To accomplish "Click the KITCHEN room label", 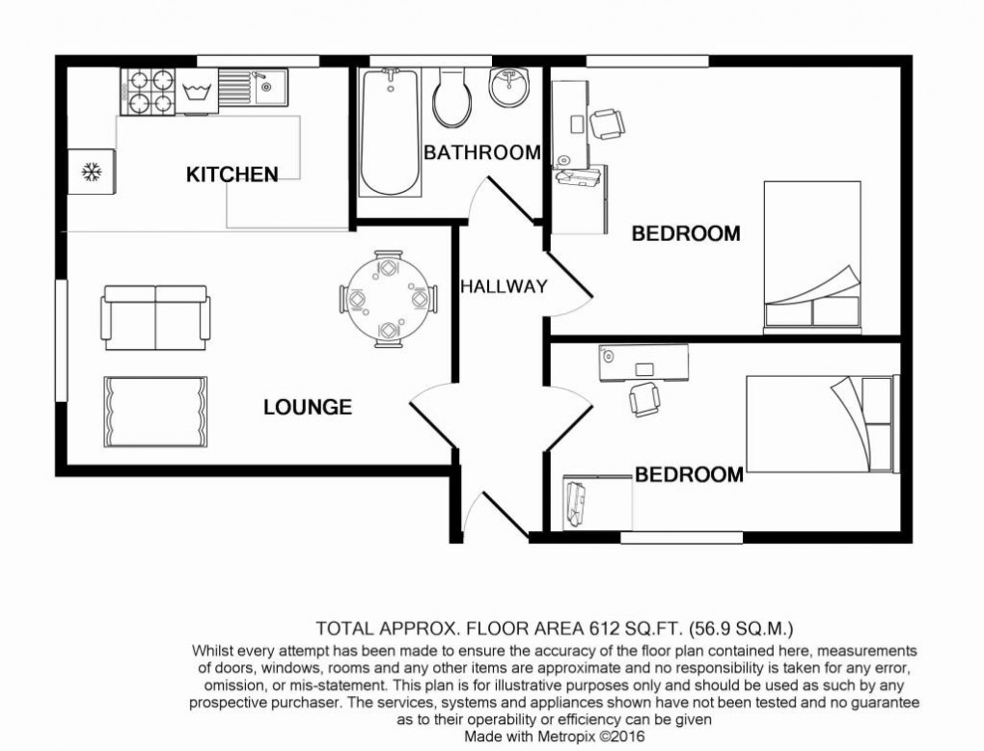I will pos(232,174).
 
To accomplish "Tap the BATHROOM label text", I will pos(481,152).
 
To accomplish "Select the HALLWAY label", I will pos(504,286).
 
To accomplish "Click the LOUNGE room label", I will pos(308,408).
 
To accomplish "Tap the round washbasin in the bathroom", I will pos(507,91).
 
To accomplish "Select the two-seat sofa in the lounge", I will pos(155,317).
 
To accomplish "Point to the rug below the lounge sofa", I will pos(155,412).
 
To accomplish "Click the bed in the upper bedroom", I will pos(811,255).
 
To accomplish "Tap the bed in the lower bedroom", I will pos(820,423).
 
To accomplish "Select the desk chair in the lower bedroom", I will pos(643,397).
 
